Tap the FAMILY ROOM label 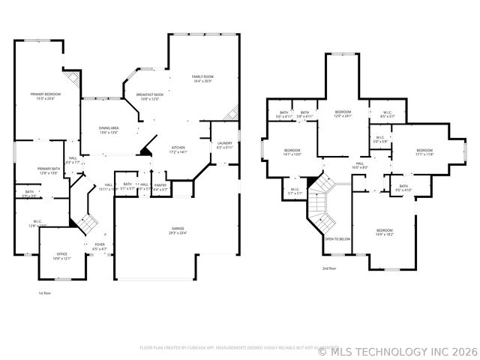(202, 76)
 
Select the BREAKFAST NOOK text (148, 94)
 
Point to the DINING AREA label (109, 128)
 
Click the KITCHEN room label (178, 147)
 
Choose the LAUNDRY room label (225, 142)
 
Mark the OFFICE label (61, 254)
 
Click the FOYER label (100, 244)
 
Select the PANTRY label (160, 184)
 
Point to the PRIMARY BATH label (49, 169)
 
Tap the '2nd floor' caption (329, 268)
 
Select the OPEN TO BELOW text (337, 238)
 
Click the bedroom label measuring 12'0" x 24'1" (343, 112)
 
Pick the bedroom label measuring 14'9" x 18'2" (384, 230)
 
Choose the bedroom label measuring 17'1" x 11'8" (424, 150)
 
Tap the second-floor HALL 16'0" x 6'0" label (360, 163)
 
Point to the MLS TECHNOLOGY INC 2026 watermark (398, 350)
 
